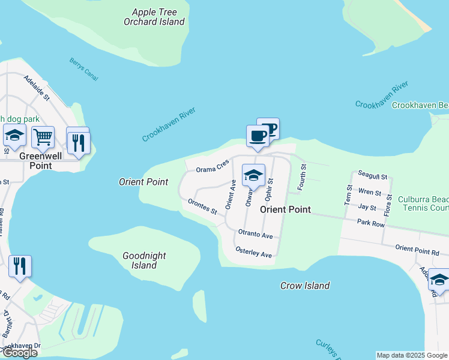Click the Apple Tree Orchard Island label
(154, 17)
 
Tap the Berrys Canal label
(83, 69)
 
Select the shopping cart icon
(43, 138)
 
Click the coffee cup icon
(258, 136)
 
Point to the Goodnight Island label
(144, 260)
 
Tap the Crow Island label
(305, 286)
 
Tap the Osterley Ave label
(254, 252)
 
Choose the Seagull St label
(372, 177)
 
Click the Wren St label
(369, 193)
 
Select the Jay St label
(367, 208)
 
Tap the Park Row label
(370, 223)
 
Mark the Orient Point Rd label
(418, 248)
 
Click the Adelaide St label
(37, 88)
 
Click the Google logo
(19, 352)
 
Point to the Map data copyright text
(412, 355)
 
